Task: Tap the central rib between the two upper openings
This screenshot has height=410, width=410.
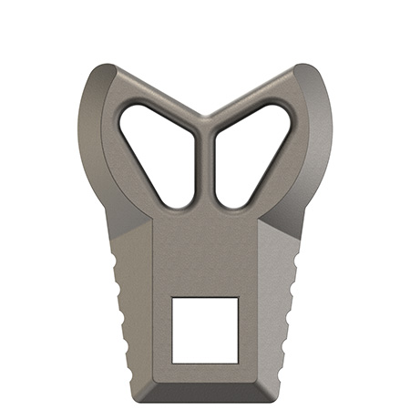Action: (205, 164)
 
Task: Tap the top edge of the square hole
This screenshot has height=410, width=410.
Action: (205, 298)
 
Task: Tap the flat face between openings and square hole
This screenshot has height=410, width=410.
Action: (205, 255)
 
